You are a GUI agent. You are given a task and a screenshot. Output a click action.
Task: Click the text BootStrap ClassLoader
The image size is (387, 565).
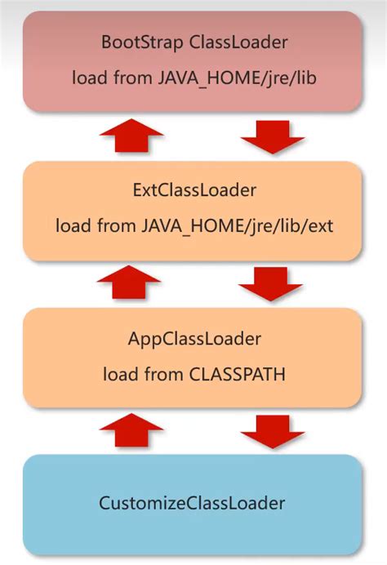click(x=194, y=42)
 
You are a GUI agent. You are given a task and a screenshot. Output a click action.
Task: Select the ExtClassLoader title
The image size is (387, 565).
click(x=194, y=190)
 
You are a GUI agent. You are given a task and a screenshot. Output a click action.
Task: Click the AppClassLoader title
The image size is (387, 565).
click(x=194, y=338)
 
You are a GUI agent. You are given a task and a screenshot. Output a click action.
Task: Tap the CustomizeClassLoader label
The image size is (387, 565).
click(x=193, y=504)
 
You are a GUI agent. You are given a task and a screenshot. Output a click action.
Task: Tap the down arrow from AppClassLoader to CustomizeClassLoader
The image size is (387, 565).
click(x=273, y=431)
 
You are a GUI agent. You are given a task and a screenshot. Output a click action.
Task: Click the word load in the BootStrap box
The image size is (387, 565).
click(x=87, y=79)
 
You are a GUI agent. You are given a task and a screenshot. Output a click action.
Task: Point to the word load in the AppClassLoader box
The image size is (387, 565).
click(x=119, y=374)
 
